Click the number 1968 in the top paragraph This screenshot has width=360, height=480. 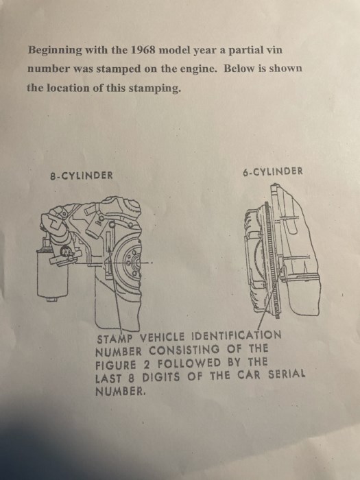click(x=143, y=49)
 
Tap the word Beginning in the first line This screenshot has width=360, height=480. click(x=55, y=51)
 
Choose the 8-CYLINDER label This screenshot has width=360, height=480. click(x=82, y=176)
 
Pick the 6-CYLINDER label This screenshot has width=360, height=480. click(x=273, y=171)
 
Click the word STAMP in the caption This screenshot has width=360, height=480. click(x=115, y=339)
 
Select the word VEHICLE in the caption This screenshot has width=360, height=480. click(x=163, y=337)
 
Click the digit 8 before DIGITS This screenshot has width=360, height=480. click(x=132, y=378)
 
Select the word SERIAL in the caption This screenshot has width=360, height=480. click(x=287, y=374)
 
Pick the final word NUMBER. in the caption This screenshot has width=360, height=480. click(x=119, y=392)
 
